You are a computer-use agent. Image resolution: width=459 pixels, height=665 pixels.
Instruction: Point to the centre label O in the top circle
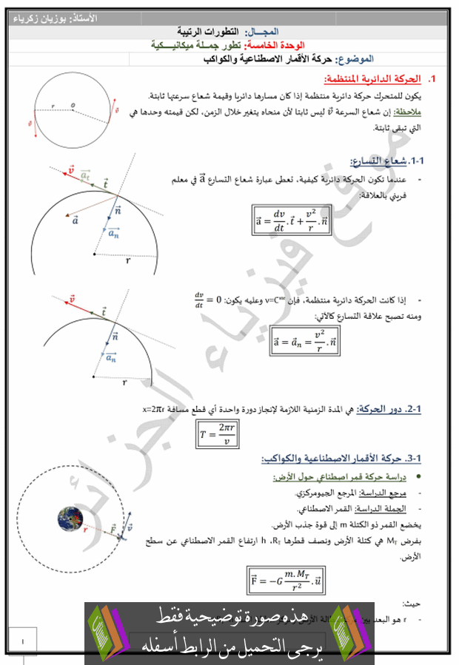coord(73,105)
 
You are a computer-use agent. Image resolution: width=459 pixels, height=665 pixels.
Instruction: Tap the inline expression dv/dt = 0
coord(208,301)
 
